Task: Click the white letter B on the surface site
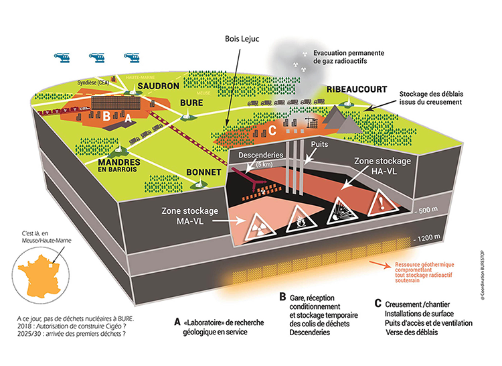tap(107, 116)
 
